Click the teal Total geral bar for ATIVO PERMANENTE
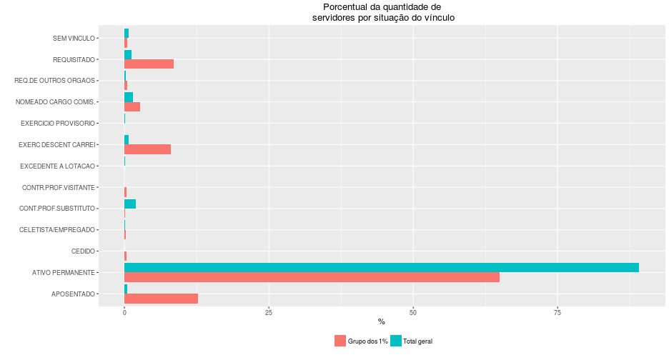[381, 268]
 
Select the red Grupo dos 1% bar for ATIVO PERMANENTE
[312, 277]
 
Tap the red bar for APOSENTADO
[161, 299]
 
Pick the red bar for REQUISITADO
[149, 64]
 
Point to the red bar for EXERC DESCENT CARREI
[147, 149]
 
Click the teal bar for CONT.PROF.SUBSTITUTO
[130, 204]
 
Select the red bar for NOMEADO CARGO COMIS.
[132, 106]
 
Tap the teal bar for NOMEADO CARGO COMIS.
[129, 97]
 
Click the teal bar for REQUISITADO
[128, 54]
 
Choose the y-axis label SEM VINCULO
[74, 39]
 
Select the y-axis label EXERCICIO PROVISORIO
[58, 124]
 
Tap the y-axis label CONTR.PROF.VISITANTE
[59, 188]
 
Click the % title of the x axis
[381, 322]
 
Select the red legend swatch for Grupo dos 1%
[340, 341]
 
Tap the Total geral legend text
[417, 341]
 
